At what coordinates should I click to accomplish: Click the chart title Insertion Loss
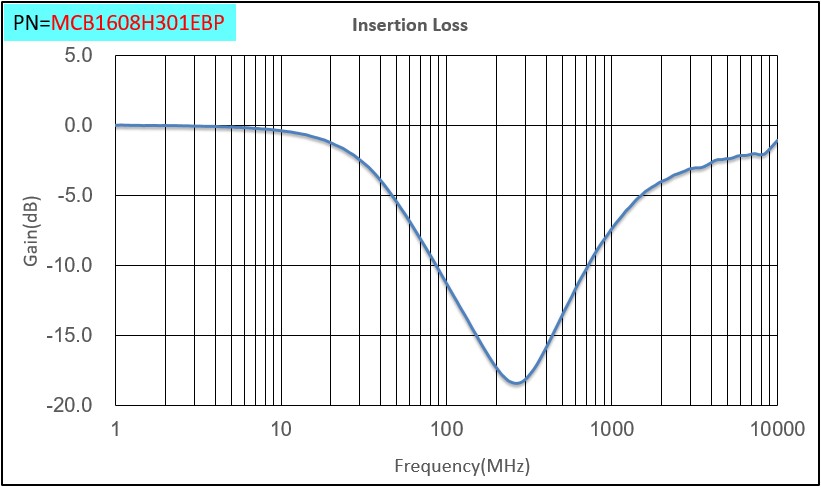pos(409,25)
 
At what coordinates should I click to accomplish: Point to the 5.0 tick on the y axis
pos(78,56)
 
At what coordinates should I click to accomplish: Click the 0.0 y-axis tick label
pos(78,126)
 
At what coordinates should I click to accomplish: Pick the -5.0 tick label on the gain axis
pos(75,196)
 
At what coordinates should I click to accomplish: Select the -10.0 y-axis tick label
pos(71,266)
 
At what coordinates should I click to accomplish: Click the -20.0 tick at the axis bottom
pos(71,405)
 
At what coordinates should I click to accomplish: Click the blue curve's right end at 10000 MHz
pos(776,142)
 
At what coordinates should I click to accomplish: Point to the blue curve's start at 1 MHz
pos(117,126)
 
